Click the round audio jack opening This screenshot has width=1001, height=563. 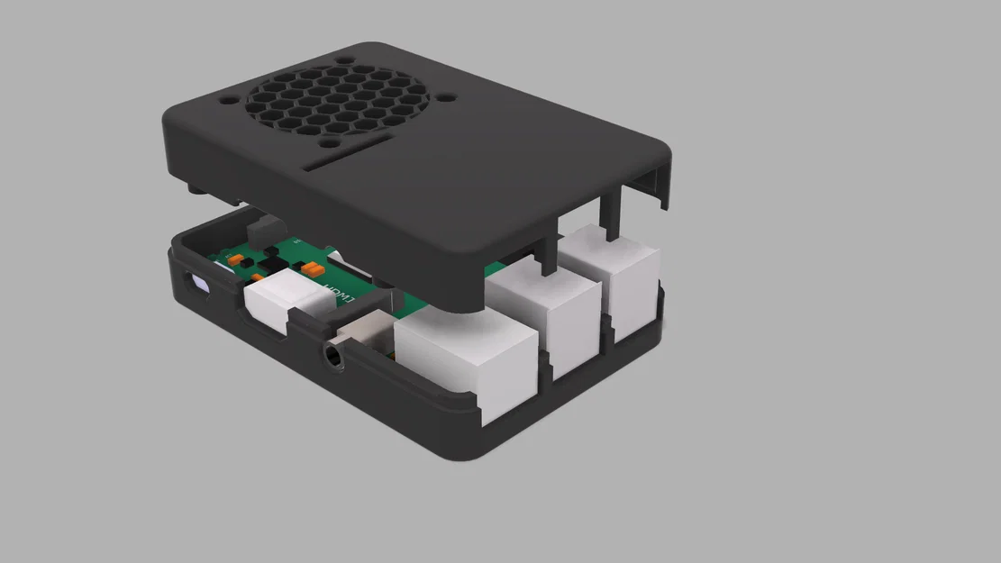[333, 358]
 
